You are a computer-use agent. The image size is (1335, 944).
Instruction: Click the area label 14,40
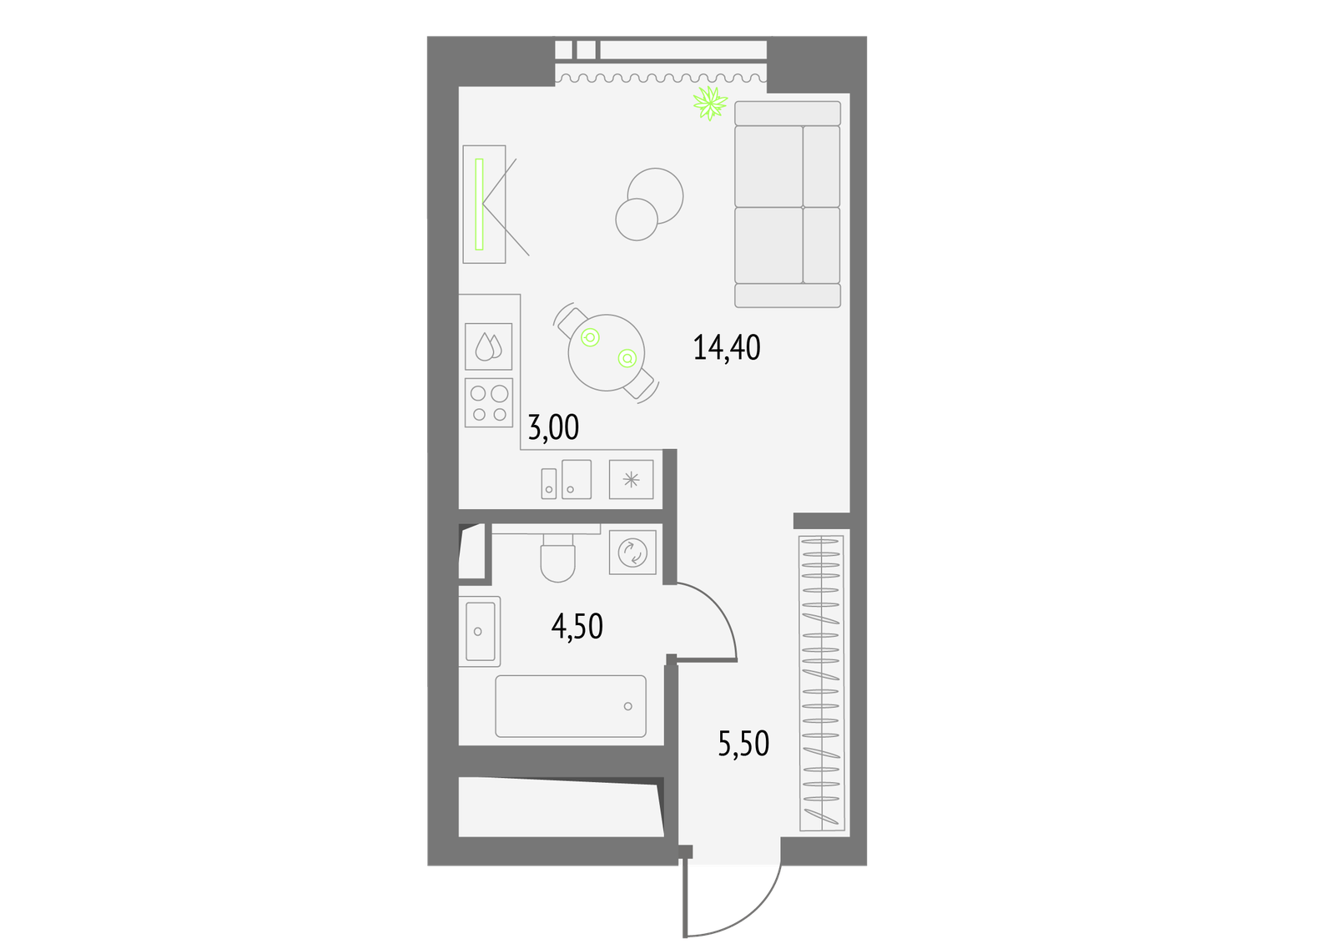pyautogui.click(x=727, y=348)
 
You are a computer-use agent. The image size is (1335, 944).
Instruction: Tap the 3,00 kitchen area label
pyautogui.click(x=553, y=427)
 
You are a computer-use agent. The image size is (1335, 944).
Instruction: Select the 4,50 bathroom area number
pyautogui.click(x=577, y=626)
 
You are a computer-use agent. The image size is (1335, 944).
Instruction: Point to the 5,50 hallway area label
pyautogui.click(x=743, y=743)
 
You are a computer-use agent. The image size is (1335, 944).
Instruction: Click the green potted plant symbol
pyautogui.click(x=710, y=103)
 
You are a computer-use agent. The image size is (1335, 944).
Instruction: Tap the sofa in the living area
pyautogui.click(x=788, y=204)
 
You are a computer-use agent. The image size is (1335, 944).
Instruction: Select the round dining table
pyautogui.click(x=606, y=352)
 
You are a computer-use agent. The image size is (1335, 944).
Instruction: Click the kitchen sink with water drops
pyautogui.click(x=489, y=346)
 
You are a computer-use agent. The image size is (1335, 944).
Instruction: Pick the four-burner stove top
pyautogui.click(x=489, y=402)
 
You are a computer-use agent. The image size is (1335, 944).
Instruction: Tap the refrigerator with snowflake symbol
pyautogui.click(x=631, y=479)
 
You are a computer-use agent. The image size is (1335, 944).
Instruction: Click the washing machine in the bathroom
pyautogui.click(x=632, y=553)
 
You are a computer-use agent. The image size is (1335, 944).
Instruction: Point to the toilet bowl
pyautogui.click(x=558, y=558)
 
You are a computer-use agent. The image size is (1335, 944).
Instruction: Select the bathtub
pyautogui.click(x=571, y=706)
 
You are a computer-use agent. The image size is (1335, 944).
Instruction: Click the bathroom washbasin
pyautogui.click(x=480, y=631)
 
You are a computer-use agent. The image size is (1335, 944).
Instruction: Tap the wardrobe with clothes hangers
pyautogui.click(x=821, y=683)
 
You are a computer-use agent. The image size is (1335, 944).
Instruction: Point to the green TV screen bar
pyautogui.click(x=479, y=204)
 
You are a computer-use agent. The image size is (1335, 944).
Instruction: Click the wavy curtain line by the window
pyautogui.click(x=660, y=78)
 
